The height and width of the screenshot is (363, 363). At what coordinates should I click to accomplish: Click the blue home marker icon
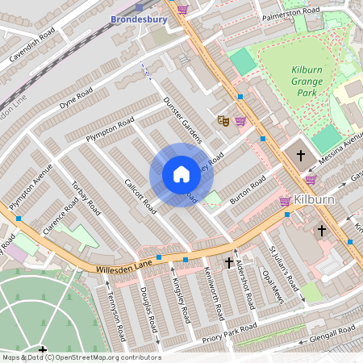pyautogui.click(x=181, y=175)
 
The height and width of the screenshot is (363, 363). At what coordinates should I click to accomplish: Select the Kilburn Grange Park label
pyautogui.click(x=307, y=80)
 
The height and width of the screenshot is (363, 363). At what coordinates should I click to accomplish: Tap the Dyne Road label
pyautogui.click(x=76, y=98)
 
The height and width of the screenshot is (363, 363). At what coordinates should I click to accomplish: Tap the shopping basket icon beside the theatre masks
pyautogui.click(x=240, y=120)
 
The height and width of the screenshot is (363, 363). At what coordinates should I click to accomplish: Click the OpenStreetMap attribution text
pyautogui.click(x=81, y=357)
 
